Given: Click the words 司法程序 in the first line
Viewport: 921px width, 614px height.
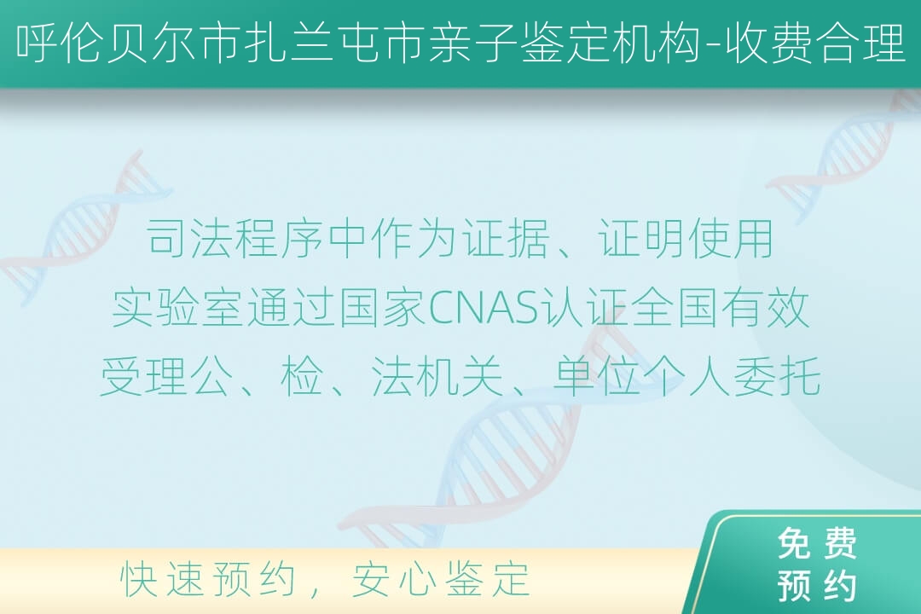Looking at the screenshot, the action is click(235, 239).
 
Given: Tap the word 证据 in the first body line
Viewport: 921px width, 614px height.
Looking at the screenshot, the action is click(506, 239).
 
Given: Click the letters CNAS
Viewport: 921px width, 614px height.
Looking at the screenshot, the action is click(484, 309).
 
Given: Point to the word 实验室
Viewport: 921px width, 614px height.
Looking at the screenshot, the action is click(177, 309).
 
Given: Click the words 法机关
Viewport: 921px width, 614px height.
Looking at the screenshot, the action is click(437, 377).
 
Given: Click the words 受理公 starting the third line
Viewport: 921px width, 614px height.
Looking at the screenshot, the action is click(165, 377).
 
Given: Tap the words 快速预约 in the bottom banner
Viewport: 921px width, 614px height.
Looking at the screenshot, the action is click(207, 579).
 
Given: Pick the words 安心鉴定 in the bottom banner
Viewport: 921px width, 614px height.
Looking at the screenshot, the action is click(441, 579).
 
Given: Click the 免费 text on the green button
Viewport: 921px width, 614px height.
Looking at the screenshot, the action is click(817, 543).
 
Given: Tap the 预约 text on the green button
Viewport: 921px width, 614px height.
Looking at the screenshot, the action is click(817, 586).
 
